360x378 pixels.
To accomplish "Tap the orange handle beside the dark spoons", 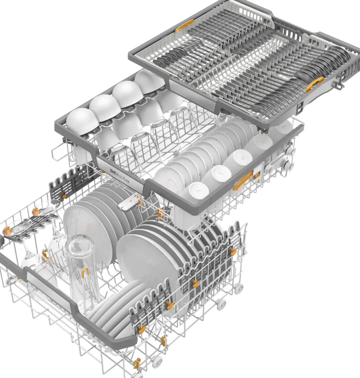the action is tap(315, 84).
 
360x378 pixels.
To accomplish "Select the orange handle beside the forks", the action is tap(184, 26).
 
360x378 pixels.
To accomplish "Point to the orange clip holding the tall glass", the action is tap(85, 272).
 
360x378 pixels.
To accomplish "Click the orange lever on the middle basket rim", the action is tap(243, 180).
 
